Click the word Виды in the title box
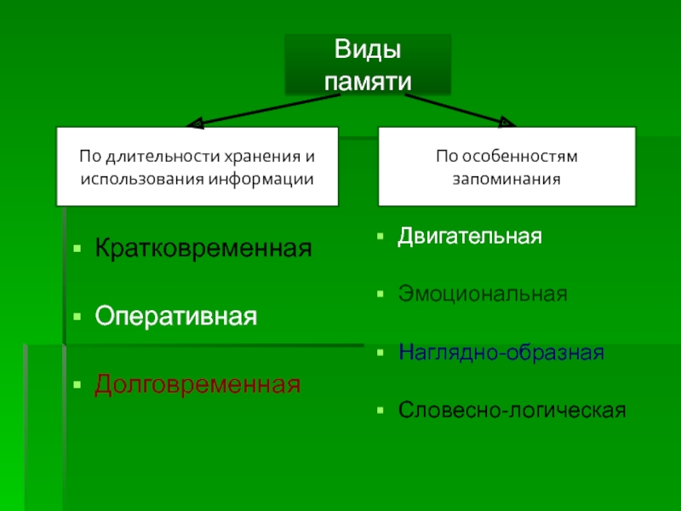tap(366, 50)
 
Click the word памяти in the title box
tap(367, 80)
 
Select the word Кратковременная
tap(203, 250)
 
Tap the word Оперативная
tap(175, 317)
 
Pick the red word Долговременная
tap(197, 384)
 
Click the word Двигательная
tap(470, 235)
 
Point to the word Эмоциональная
tap(483, 294)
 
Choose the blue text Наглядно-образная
tap(501, 352)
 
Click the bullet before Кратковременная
tap(77, 251)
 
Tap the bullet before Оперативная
tap(77, 318)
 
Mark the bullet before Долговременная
tap(77, 385)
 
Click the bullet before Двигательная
tap(381, 236)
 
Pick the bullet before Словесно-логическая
tap(381, 411)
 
